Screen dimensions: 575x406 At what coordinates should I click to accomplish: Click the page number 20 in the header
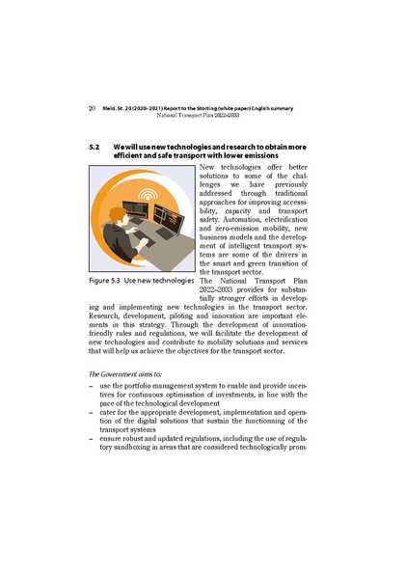92,108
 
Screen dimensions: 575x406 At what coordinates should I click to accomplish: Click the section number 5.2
95,146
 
